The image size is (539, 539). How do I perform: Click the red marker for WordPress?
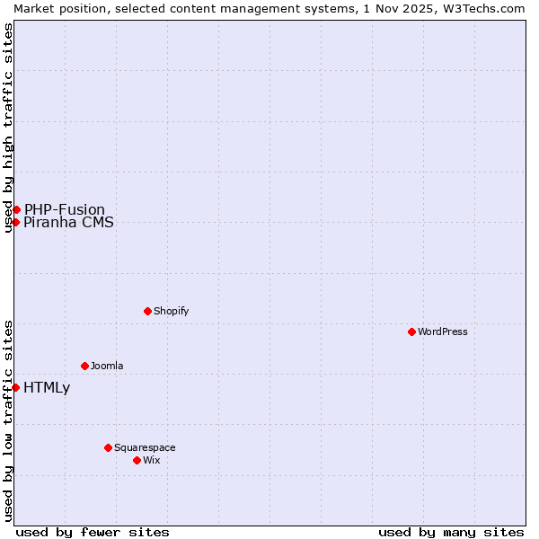pos(412,331)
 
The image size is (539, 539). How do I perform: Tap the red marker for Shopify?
pos(147,311)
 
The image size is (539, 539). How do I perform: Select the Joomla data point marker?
pos(84,366)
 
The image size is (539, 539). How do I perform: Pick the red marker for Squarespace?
pos(108,447)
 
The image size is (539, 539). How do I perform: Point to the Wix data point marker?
pos(137,460)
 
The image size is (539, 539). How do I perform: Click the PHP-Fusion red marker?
pos(16,209)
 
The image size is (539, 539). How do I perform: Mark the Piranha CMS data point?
pos(16,222)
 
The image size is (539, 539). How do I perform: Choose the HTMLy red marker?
pos(16,387)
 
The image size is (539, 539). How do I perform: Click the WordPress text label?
pos(443,331)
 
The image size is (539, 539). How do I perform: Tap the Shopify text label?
pos(171,311)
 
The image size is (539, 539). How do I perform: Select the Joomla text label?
pos(107,366)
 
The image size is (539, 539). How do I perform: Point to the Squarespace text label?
pos(145,447)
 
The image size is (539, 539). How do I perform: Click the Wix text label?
pos(151,460)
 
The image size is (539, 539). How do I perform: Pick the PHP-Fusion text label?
pos(65,209)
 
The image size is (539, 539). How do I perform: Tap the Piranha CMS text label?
pos(68,223)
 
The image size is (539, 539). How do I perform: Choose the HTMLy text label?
pos(47,388)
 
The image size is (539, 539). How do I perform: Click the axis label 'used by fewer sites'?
pos(93,532)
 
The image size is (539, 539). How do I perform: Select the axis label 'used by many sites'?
pos(451,532)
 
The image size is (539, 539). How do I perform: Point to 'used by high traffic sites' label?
pos(8,128)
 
